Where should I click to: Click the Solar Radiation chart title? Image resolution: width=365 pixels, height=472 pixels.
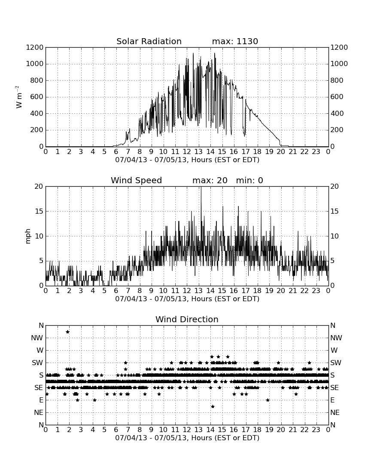[149, 41]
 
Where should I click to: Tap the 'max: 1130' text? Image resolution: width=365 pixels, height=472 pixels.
[235, 41]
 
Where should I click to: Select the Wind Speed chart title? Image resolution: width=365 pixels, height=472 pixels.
[136, 180]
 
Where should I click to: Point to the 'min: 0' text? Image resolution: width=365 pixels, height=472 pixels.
[249, 180]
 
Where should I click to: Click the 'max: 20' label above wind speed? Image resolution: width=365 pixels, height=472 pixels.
[210, 180]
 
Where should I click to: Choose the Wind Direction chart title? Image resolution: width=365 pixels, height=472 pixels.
[187, 319]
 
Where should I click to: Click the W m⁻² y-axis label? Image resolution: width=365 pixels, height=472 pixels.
[18, 97]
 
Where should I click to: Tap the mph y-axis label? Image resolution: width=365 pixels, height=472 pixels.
[28, 236]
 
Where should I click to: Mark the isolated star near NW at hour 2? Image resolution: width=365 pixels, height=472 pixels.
[67, 332]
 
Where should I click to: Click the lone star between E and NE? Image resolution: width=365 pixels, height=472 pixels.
[213, 406]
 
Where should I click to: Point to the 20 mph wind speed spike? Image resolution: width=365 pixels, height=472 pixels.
[201, 211]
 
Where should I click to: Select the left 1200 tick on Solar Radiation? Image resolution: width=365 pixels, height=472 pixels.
[35, 47]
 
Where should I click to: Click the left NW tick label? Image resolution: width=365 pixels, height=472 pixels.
[37, 338]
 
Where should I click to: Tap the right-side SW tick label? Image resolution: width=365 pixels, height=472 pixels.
[336, 363]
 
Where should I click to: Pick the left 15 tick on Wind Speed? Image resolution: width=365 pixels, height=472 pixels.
[39, 211]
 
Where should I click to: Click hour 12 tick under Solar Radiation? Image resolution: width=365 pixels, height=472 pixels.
[187, 152]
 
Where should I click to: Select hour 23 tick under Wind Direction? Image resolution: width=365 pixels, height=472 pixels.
[316, 430]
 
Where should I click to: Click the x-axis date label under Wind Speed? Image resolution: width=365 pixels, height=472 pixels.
[187, 299]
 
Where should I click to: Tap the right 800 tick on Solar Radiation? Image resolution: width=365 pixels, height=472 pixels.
[337, 80]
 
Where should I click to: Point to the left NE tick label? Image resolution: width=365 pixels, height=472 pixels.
[39, 412]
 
